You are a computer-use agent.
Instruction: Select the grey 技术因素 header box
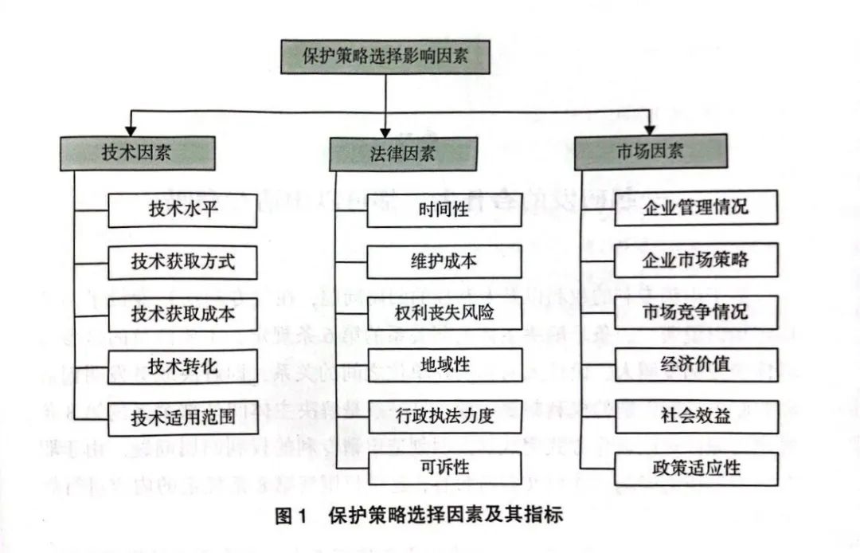point(135,153)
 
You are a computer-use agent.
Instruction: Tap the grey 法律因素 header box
point(403,153)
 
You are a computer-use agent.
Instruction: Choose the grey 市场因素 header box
point(649,151)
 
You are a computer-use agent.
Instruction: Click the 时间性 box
point(444,211)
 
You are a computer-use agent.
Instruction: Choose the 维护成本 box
point(444,262)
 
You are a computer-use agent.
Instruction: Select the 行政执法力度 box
point(444,416)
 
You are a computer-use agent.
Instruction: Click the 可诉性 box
point(444,467)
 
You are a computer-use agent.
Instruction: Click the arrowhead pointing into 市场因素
point(650,128)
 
